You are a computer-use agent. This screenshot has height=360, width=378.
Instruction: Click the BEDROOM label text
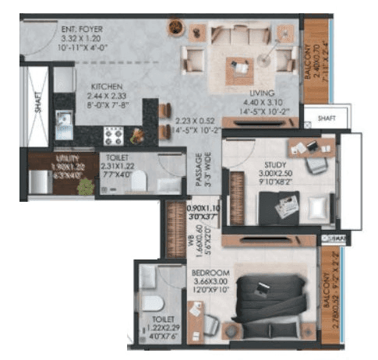coord(208,273)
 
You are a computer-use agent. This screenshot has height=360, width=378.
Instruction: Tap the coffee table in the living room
coord(240,70)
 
